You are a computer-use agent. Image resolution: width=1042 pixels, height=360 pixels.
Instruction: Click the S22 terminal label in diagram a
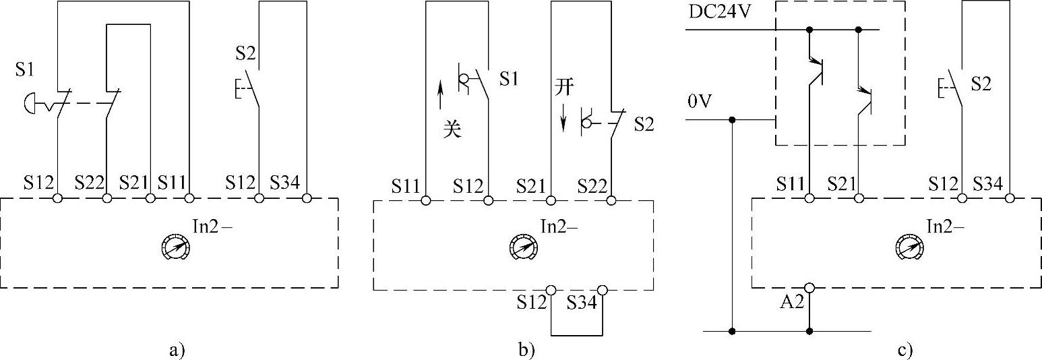point(88,183)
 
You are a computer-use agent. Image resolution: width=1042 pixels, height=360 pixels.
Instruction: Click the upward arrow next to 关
point(440,95)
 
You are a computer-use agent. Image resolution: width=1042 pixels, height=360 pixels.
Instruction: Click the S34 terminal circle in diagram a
point(307,198)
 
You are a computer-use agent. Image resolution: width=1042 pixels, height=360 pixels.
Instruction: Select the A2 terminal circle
point(809,288)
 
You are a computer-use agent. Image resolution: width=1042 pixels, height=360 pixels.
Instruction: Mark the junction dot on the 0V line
point(731,121)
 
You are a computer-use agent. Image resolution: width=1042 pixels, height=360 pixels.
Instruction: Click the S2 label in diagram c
point(983,84)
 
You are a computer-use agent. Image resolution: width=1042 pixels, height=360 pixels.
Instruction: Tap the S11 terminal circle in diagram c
point(809,198)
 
